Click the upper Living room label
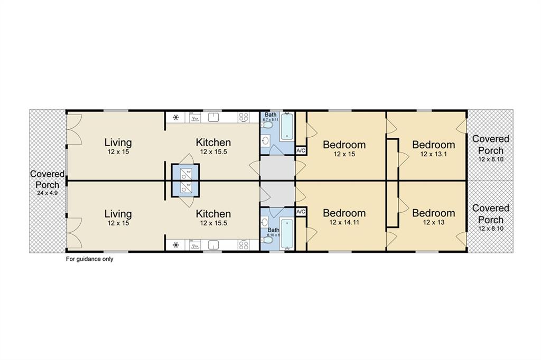(x=118, y=143)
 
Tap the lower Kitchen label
(x=213, y=214)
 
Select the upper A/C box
(x=301, y=150)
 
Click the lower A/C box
(x=301, y=211)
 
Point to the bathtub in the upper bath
(x=287, y=127)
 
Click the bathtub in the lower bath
(x=287, y=234)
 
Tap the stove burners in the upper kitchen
(x=244, y=117)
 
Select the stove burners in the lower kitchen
(x=244, y=245)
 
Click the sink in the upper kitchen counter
(x=214, y=117)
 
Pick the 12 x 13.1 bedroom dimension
(x=433, y=154)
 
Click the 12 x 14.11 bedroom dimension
(x=344, y=222)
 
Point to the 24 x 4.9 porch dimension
(x=47, y=193)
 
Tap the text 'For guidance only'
(x=89, y=259)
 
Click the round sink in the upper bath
(x=266, y=140)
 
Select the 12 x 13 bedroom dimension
(x=433, y=222)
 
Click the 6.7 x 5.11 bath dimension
(x=270, y=120)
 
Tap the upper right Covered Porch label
(x=491, y=145)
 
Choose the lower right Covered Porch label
(x=491, y=214)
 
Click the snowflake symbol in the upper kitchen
(x=176, y=118)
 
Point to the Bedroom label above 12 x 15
(x=344, y=145)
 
